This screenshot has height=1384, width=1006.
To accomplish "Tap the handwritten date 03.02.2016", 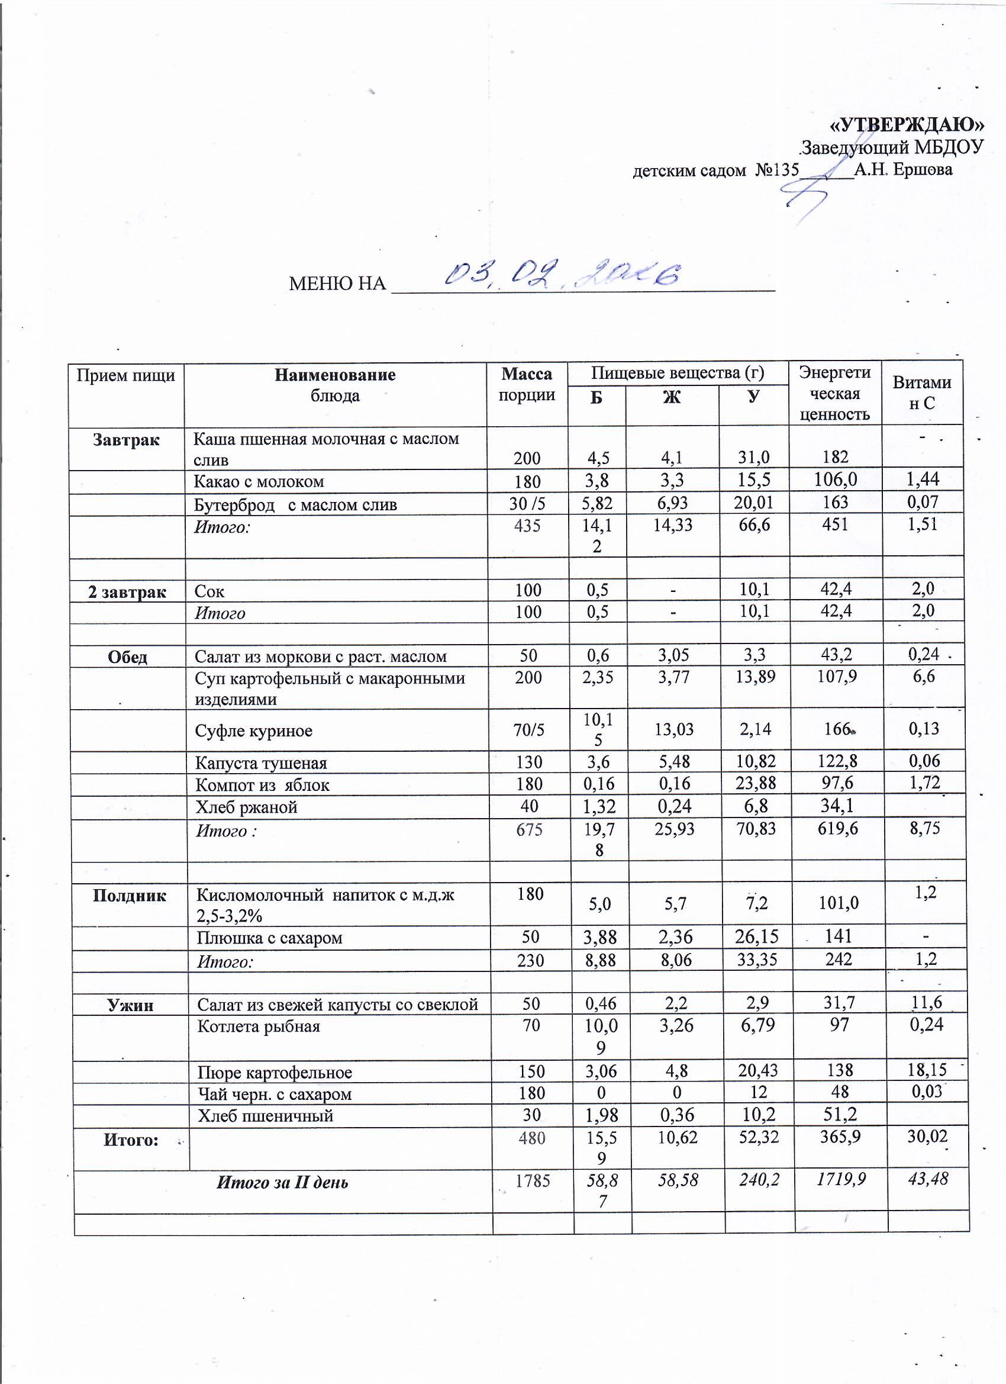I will (561, 276).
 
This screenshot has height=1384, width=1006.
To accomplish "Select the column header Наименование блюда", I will (335, 384).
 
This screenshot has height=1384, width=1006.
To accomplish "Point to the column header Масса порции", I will (527, 384).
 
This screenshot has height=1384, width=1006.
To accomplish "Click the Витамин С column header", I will (922, 392).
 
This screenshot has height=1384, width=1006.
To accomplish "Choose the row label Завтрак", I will (126, 440).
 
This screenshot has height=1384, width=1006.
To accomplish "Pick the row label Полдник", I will (130, 895).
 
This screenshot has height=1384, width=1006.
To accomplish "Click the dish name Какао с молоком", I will (259, 481).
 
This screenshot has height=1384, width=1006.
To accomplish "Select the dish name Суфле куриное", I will (254, 730).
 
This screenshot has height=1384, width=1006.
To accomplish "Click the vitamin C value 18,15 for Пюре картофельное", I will (926, 1070).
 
